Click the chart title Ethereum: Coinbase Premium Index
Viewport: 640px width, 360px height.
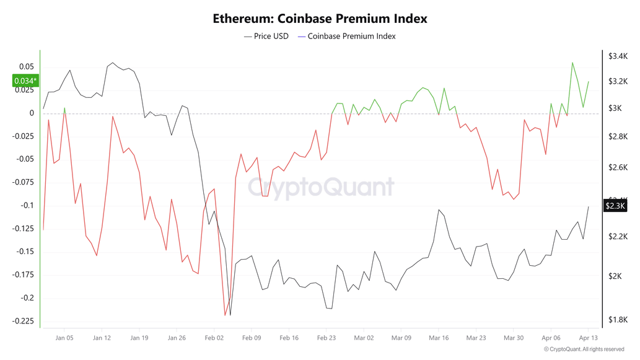pyautogui.click(x=320, y=19)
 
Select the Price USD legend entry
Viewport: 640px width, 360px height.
pyautogui.click(x=266, y=36)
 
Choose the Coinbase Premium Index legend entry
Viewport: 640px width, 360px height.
pyautogui.click(x=347, y=36)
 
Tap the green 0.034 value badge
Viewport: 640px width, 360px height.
pyautogui.click(x=25, y=81)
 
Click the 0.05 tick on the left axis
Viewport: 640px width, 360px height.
pyautogui.click(x=26, y=66)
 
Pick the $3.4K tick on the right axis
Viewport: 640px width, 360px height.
pyautogui.click(x=618, y=56)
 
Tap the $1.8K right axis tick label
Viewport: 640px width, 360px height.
pyautogui.click(x=618, y=320)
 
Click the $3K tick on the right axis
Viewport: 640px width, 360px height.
pyautogui.click(x=615, y=108)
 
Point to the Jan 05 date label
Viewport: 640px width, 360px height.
pyautogui.click(x=64, y=338)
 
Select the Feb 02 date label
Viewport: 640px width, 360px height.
pyautogui.click(x=214, y=338)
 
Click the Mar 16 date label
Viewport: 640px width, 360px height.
pyautogui.click(x=439, y=338)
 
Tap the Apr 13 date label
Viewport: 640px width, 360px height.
pyautogui.click(x=587, y=338)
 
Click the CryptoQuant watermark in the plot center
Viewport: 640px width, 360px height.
pyautogui.click(x=321, y=187)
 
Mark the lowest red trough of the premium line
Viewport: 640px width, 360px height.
pyautogui.click(x=225, y=315)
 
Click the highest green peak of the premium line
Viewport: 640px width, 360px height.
pyautogui.click(x=572, y=63)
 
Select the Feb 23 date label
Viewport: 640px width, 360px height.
pyautogui.click(x=327, y=338)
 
